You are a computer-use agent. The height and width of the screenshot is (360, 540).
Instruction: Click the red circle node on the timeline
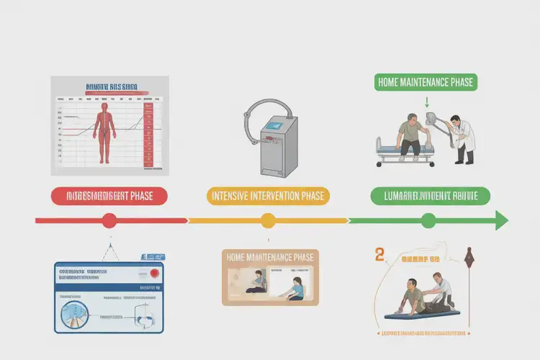click(x=109, y=220)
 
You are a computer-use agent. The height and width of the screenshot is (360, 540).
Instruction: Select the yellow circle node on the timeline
click(x=268, y=220)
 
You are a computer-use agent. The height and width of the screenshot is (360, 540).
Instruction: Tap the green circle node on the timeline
click(x=428, y=220)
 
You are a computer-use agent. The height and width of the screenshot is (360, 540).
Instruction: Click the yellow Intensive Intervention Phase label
click(x=267, y=195)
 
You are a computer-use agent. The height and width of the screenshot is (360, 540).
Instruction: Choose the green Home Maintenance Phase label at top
click(x=426, y=82)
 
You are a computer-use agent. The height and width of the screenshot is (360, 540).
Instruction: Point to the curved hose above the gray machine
click(x=263, y=107)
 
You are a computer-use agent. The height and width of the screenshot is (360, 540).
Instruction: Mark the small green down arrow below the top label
click(x=427, y=102)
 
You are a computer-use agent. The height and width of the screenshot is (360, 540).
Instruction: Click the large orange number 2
click(x=379, y=254)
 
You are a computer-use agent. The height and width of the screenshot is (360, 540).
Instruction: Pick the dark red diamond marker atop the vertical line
click(x=469, y=253)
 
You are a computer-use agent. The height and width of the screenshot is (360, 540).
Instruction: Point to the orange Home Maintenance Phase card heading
click(x=270, y=257)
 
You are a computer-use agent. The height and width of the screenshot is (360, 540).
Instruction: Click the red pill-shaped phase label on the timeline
click(x=109, y=195)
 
